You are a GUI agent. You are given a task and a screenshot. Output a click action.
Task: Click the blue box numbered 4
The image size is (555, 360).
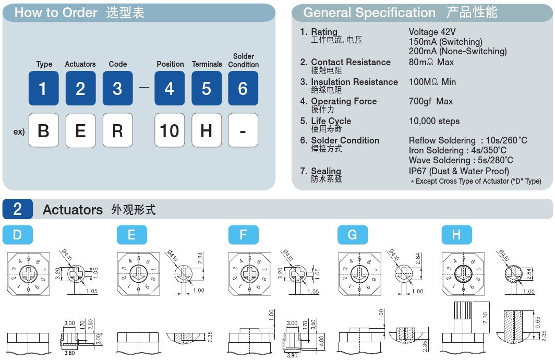pos(169,88)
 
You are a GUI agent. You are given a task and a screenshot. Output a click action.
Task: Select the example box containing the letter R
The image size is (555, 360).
pos(117,130)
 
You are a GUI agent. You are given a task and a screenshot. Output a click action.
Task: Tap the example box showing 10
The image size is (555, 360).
pos(169,130)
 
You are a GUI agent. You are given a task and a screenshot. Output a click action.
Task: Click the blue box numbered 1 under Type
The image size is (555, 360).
pos(43,88)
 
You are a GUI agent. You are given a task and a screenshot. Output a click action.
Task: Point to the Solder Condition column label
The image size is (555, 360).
pos(243,61)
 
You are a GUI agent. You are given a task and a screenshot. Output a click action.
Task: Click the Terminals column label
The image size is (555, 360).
pos(207,64)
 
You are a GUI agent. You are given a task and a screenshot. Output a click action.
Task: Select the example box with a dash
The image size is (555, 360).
pos(243,130)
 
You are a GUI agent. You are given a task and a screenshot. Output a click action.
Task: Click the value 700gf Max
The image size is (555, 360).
pos(431,102)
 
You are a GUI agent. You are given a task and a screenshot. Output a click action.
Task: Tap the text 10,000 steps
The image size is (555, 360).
pos(434,121)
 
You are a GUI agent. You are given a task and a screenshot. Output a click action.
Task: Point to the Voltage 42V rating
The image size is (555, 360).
pos(432,32)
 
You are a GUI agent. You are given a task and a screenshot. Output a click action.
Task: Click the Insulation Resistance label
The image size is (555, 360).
pos(354,82)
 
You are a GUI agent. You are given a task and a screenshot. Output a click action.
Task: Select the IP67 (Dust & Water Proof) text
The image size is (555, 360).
pos(459,171)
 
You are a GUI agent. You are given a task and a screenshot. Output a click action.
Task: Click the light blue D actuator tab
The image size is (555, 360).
pos(17,235)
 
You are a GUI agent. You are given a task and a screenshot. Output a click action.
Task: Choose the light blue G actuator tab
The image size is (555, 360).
pos(353,235)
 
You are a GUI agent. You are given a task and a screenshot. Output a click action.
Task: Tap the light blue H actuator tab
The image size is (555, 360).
pos(456,235)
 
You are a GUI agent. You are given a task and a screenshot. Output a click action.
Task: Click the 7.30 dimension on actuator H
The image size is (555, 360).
pos(485,318)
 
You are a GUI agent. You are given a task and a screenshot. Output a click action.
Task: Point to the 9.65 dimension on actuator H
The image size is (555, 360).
pos(538,322)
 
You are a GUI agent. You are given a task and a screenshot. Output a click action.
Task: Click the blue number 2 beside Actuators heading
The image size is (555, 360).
pos(17,209)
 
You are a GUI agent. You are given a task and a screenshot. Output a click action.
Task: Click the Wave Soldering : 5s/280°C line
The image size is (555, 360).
pos(461,160)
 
